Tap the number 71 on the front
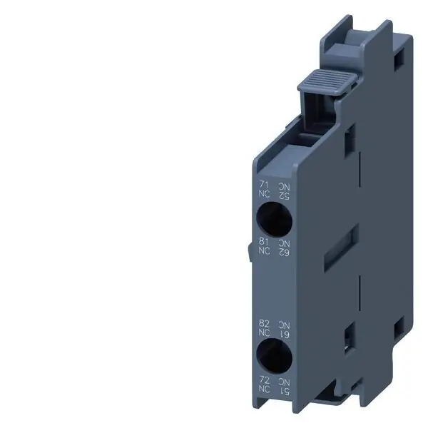pos(264,185)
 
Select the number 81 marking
pos(264,241)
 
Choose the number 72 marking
pos(264,382)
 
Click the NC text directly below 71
pos(264,193)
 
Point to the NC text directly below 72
pos(264,391)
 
